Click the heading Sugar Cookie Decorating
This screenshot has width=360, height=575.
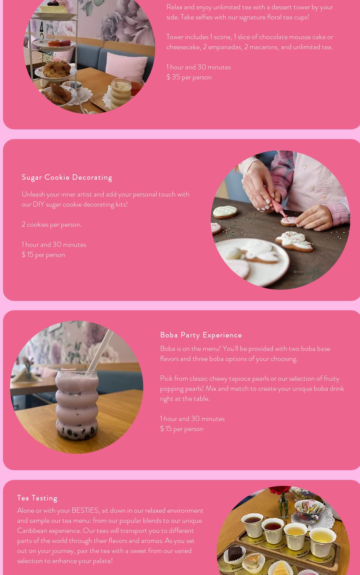click(67, 177)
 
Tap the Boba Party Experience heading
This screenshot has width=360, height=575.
click(201, 335)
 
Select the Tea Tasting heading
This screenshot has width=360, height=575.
click(37, 498)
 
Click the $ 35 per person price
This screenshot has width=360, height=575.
click(189, 77)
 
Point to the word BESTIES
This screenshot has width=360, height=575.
click(85, 510)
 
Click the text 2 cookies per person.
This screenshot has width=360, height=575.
click(51, 224)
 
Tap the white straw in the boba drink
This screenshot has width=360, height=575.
click(100, 350)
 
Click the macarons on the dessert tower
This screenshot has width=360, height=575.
click(59, 43)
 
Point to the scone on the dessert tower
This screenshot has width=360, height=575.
click(57, 69)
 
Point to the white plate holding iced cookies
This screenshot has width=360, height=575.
click(252, 262)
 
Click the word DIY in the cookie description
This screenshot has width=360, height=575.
click(38, 204)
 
